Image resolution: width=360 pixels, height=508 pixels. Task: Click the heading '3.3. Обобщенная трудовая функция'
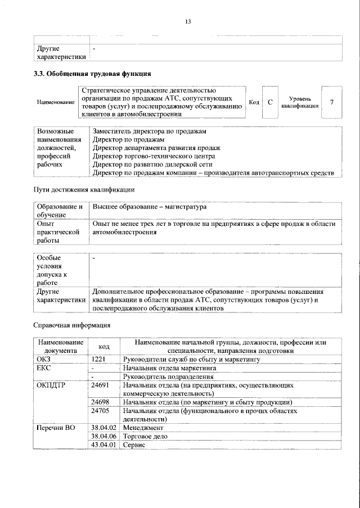click(92, 73)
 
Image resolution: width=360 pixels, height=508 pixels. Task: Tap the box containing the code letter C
click(270, 102)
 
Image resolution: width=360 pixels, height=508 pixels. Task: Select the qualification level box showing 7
click(332, 102)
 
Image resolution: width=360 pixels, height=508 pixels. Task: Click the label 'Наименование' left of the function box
click(56, 102)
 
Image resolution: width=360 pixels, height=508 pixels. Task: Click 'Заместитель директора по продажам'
click(149, 131)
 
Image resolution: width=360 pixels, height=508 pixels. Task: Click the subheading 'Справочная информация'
click(71, 325)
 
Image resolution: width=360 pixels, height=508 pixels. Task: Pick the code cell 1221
click(100, 359)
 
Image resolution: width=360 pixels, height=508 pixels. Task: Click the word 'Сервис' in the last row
click(134, 444)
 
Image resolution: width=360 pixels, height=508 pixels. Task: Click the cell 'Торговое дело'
click(145, 436)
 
